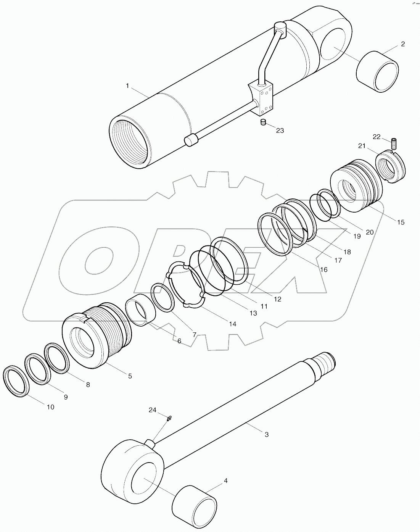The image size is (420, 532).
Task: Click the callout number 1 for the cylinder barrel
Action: click(127, 86)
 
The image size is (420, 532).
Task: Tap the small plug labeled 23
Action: click(262, 123)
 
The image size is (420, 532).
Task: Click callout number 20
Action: click(370, 232)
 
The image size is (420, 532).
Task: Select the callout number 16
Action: click(323, 269)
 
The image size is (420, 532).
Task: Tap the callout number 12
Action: click(277, 299)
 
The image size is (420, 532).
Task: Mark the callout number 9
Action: click(66, 397)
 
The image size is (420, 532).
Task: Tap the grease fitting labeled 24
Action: click(169, 419)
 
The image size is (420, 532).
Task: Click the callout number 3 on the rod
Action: click(266, 434)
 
